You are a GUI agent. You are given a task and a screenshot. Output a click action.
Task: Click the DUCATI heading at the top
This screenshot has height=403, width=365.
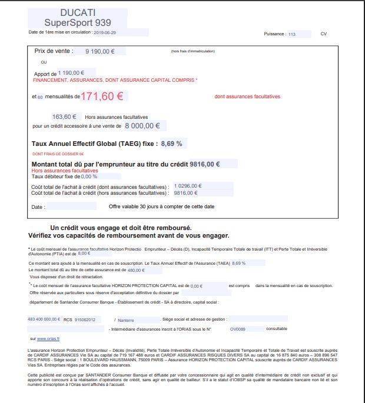(x=78, y=12)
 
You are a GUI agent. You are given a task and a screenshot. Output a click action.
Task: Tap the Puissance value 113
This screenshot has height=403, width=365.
(x=292, y=34)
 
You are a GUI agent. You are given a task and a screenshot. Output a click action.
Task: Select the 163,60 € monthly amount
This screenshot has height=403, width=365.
(x=65, y=116)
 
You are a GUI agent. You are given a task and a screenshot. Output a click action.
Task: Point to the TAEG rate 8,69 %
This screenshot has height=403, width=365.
(x=171, y=143)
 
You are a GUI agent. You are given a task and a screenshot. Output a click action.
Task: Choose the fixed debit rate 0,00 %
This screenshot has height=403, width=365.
(x=89, y=176)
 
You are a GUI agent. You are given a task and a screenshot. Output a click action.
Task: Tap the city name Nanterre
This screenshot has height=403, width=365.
(x=125, y=319)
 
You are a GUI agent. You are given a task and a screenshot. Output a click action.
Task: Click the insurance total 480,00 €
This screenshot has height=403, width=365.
(x=135, y=270)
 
